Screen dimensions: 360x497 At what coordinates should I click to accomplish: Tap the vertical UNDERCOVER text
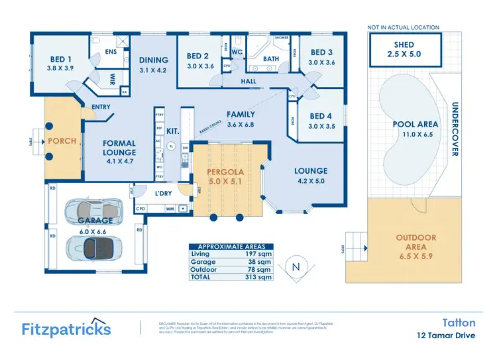(x=455, y=129)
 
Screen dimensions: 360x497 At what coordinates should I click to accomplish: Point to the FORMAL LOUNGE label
(x=119, y=148)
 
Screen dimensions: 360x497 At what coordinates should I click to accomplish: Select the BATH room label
(x=271, y=59)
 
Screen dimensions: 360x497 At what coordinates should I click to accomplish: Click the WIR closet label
(x=113, y=78)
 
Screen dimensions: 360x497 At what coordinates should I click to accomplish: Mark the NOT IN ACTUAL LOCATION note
(x=403, y=28)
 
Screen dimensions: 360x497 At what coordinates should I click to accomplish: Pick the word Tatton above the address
(x=459, y=322)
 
